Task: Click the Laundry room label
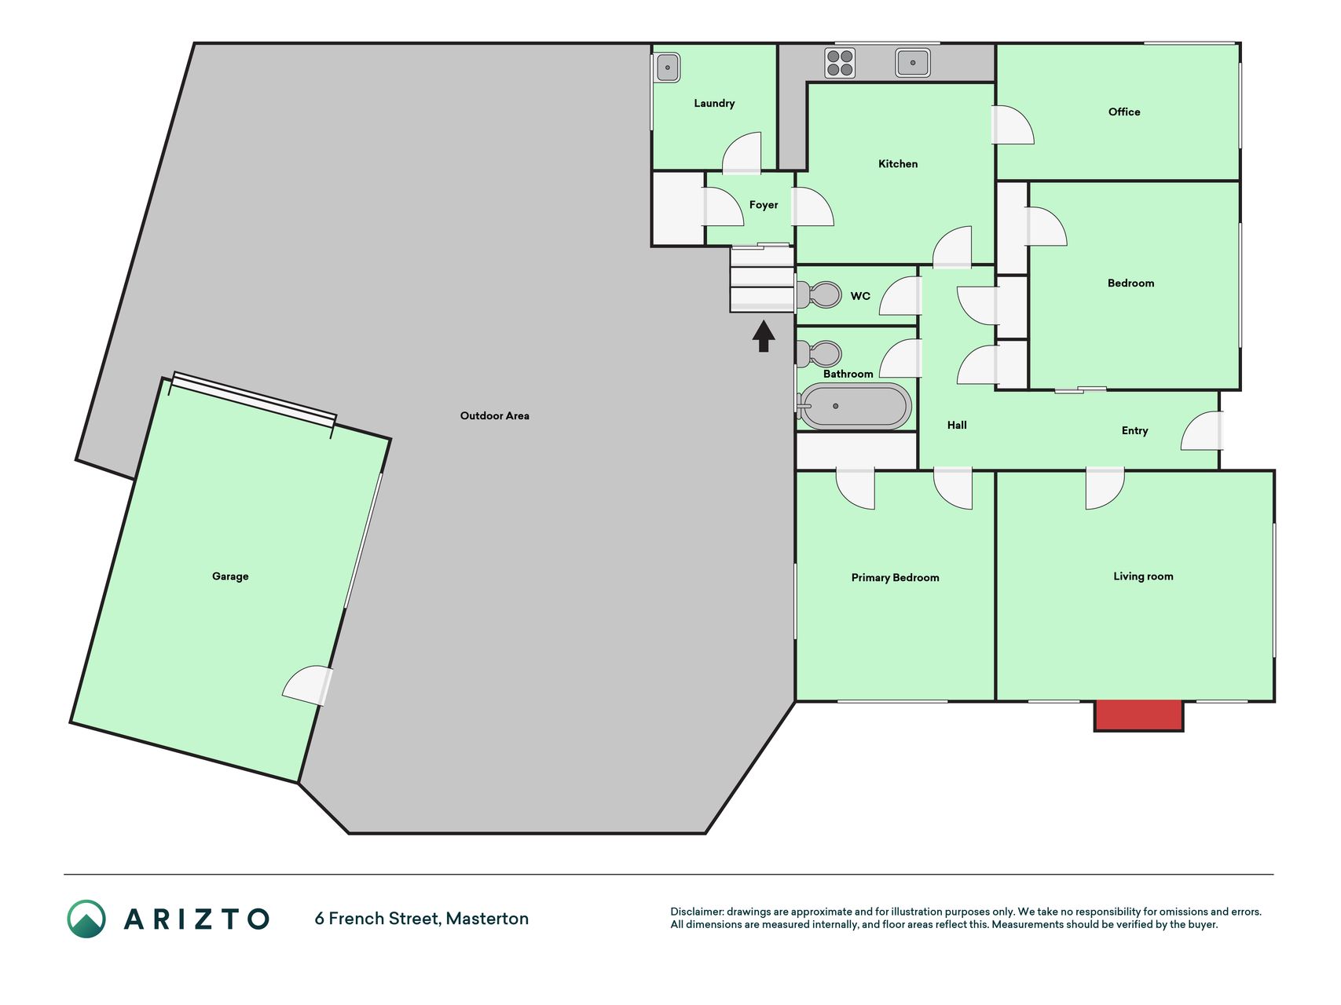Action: (714, 103)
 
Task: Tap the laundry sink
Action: (668, 68)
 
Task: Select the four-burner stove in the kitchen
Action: (840, 63)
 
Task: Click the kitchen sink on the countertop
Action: (913, 63)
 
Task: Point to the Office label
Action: (1124, 111)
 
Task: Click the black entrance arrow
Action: (764, 336)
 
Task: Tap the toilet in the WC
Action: (819, 294)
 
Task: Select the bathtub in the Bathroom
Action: (854, 406)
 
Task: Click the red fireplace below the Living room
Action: (1139, 715)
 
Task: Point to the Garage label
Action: (230, 576)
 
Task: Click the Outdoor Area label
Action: (495, 415)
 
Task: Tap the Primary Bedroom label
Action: (896, 577)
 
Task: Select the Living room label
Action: (1143, 576)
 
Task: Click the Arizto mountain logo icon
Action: (86, 919)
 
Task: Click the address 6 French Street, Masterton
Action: (422, 919)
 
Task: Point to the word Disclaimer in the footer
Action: (696, 912)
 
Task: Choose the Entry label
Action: (1135, 430)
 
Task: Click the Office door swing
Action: (1013, 125)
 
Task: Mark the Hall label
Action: (957, 425)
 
